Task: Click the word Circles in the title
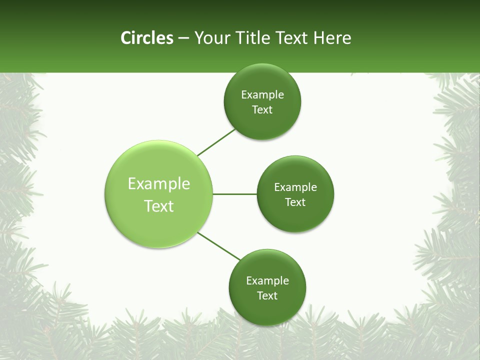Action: tap(146, 38)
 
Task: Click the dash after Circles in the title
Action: tap(183, 38)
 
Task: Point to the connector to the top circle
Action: tap(216, 142)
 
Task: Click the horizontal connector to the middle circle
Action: tap(234, 194)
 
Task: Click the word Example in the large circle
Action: tap(159, 184)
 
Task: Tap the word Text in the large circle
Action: tap(159, 206)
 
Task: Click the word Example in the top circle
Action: tap(262, 95)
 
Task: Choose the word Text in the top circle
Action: tap(262, 110)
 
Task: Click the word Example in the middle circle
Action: tap(295, 187)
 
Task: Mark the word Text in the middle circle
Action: tap(295, 202)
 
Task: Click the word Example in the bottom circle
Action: tap(267, 281)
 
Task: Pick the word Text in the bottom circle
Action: tap(267, 296)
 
